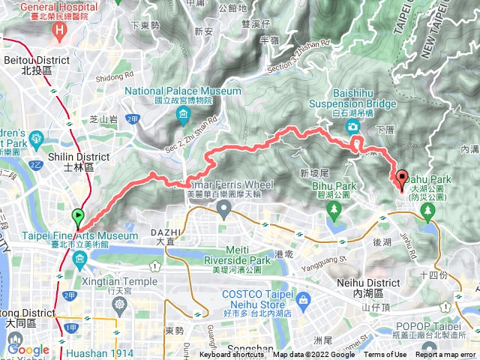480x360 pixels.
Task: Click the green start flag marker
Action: click(x=77, y=218)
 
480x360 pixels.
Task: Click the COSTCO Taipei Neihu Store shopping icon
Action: click(x=303, y=300)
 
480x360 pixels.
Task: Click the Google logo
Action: click(x=28, y=349)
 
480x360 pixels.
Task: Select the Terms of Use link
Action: click(x=385, y=355)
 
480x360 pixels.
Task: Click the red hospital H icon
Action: click(x=60, y=31)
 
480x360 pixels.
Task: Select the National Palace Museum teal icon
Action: click(x=183, y=115)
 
